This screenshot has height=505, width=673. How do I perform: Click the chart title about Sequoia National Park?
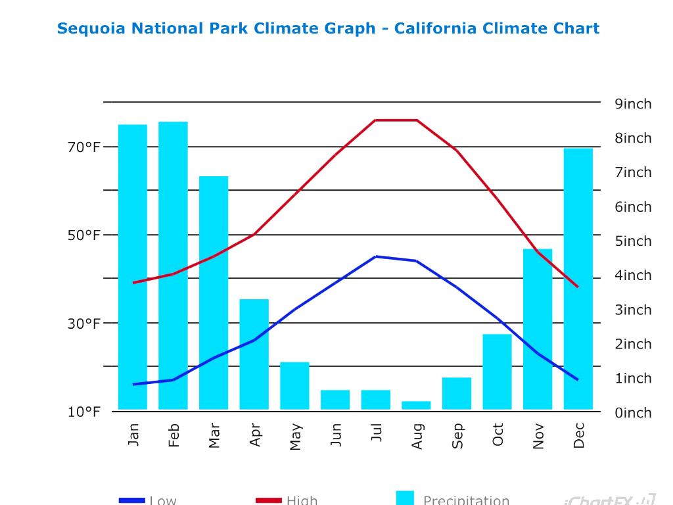point(328,29)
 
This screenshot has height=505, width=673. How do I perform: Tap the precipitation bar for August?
point(416,405)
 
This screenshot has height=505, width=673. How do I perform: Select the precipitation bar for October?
point(497,372)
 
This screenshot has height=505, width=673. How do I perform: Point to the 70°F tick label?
point(84,147)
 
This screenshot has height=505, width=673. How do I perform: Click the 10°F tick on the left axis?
point(84,412)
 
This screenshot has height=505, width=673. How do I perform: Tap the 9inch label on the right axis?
point(633,104)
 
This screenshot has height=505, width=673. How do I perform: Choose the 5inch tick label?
point(633,241)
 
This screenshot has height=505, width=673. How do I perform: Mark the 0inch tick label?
point(633,413)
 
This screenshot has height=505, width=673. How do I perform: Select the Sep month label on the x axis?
point(457,435)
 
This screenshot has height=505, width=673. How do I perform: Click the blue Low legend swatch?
point(131,500)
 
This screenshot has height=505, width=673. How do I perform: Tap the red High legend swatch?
point(268,500)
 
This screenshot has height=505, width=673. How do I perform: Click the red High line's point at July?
point(375,120)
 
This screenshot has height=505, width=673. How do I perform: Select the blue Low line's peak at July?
point(375,256)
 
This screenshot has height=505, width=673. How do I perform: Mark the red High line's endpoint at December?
point(578,287)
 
